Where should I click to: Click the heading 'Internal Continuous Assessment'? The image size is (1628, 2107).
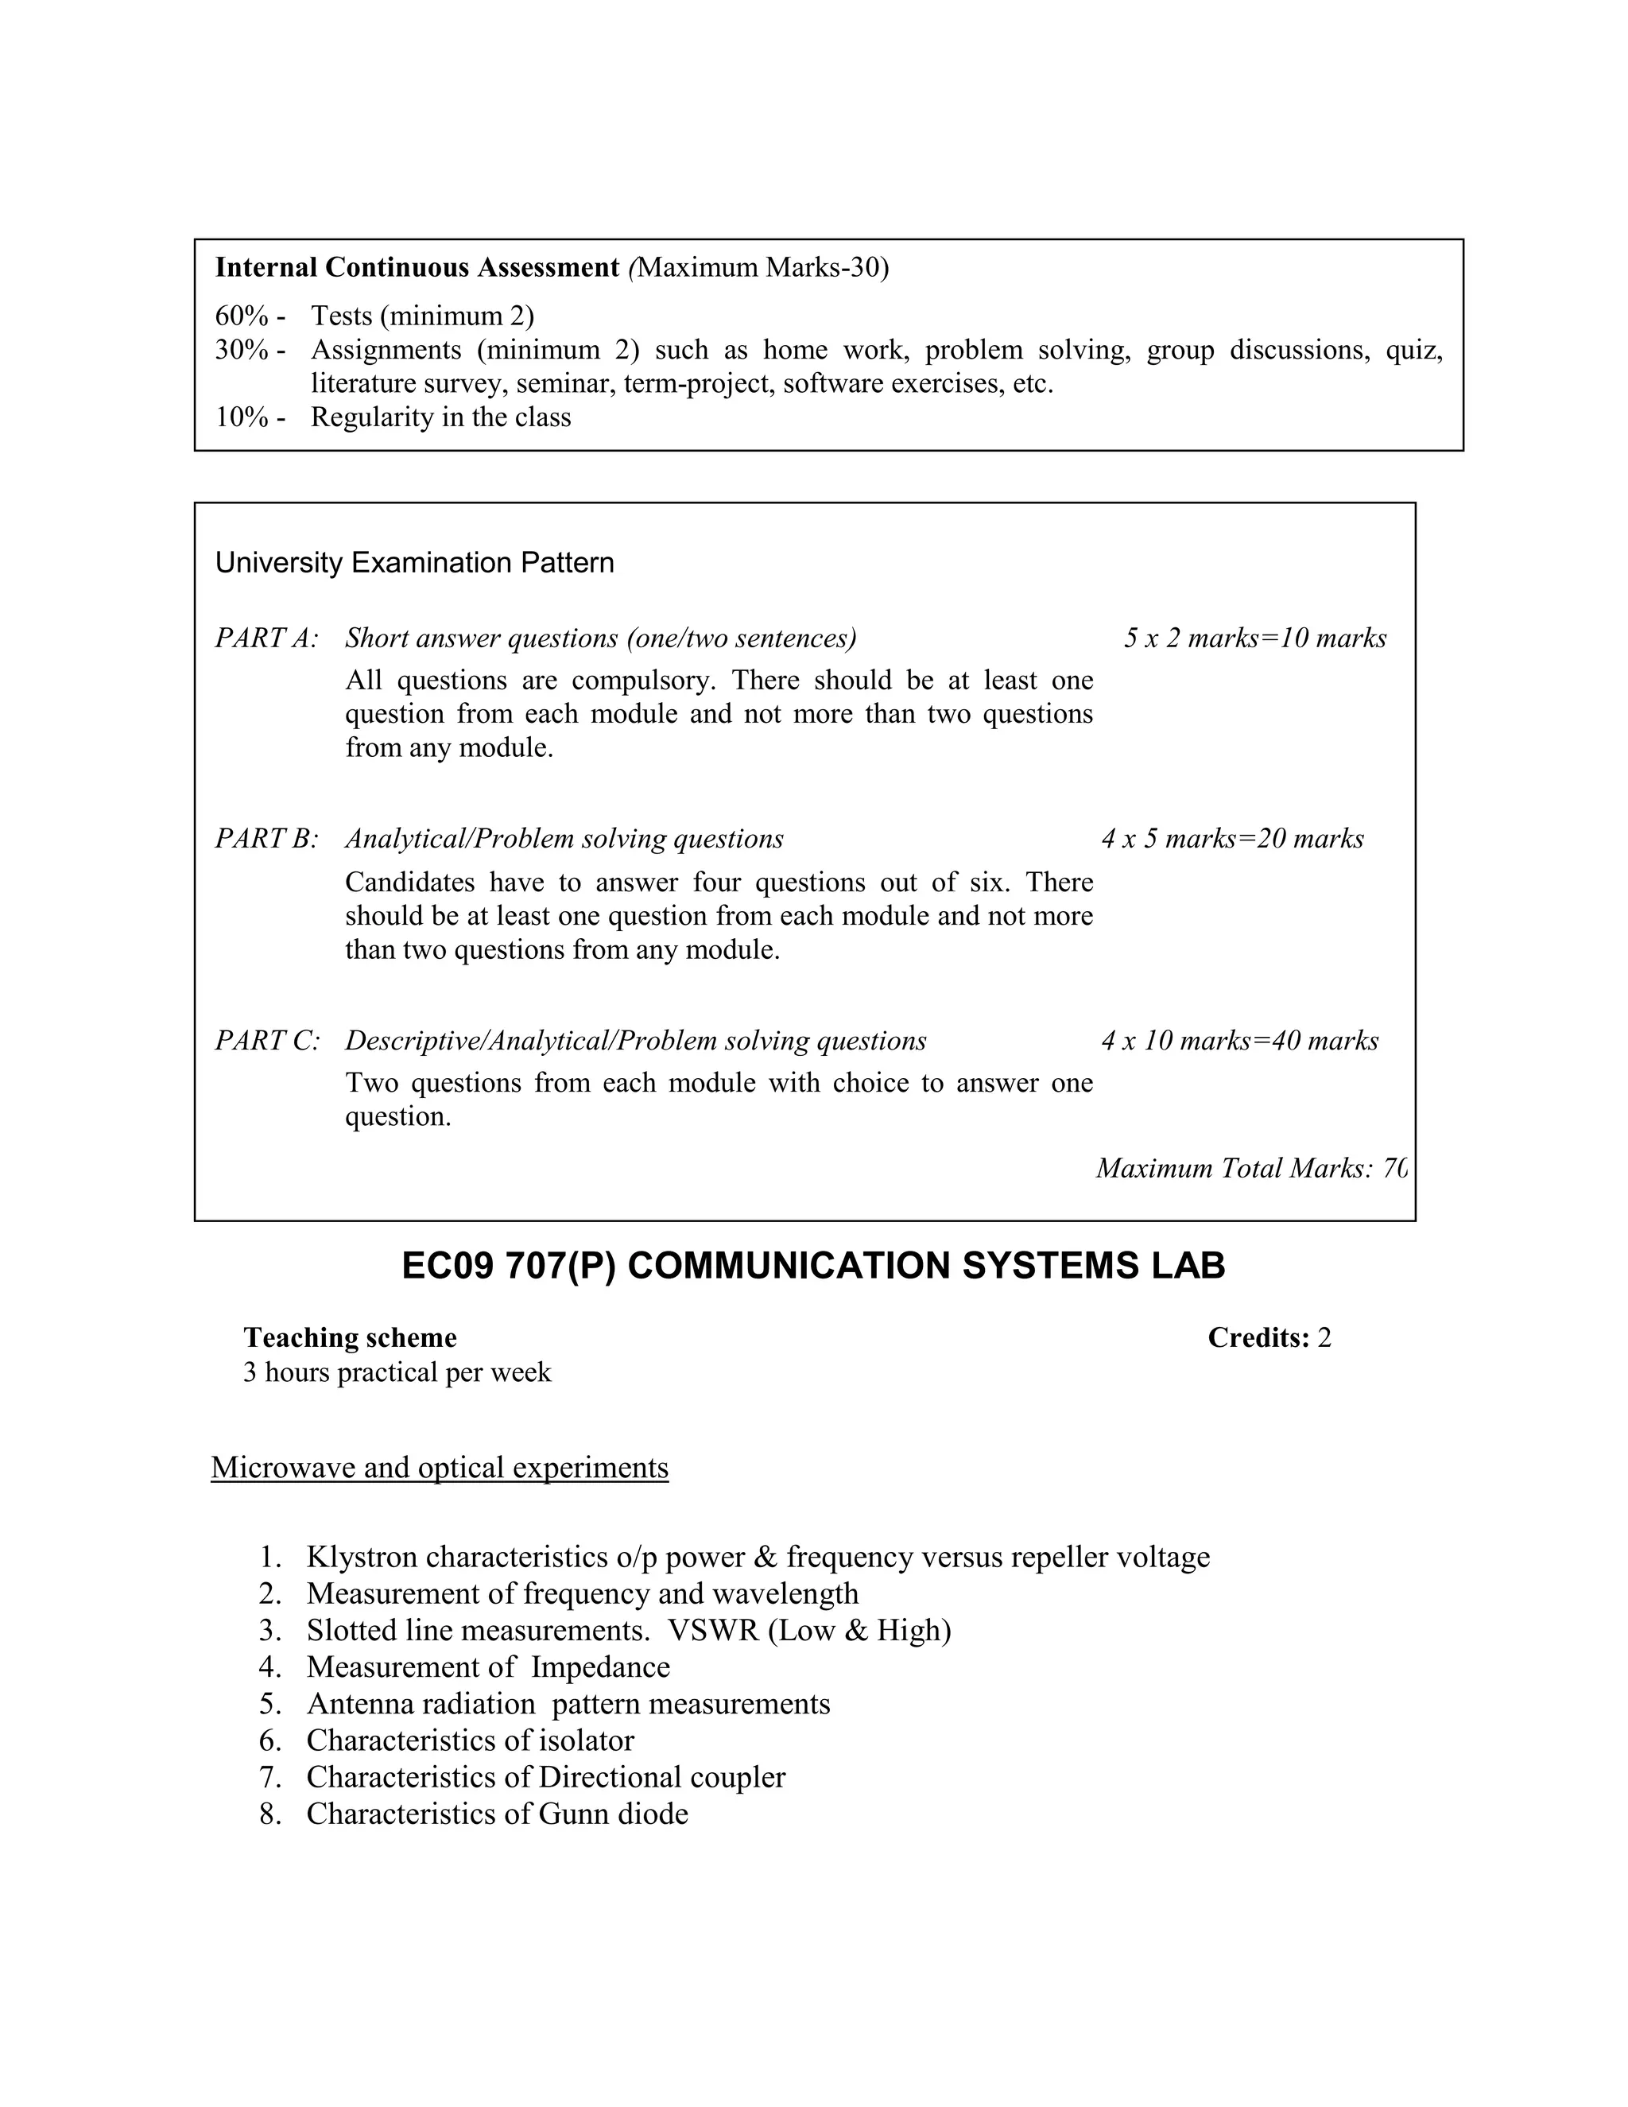point(417,267)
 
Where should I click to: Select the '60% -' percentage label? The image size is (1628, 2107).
point(250,316)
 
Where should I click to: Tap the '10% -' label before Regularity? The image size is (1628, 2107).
point(250,417)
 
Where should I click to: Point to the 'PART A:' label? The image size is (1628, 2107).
point(266,638)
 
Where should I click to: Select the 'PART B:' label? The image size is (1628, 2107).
point(266,838)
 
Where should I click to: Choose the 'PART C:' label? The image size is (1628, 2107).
point(266,1040)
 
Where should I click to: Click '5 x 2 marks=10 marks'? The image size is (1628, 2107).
point(1254,638)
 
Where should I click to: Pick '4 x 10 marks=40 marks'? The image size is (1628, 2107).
point(1239,1040)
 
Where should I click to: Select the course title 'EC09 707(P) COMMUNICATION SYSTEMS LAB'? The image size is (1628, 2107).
point(813,1266)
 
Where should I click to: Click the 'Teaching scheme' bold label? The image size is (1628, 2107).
point(350,1337)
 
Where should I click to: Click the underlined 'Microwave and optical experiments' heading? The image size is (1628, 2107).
point(440,1468)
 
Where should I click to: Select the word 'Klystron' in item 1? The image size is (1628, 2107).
point(362,1557)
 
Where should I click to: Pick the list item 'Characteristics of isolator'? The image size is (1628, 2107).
point(470,1740)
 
